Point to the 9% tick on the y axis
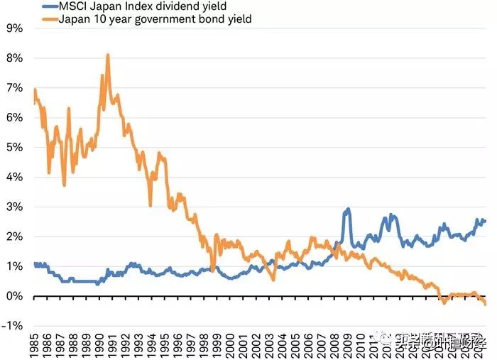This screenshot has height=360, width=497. (x=13, y=29)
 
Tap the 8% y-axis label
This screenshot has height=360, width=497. (x=13, y=59)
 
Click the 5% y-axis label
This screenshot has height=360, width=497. (x=13, y=148)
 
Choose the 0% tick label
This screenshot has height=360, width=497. (x=13, y=296)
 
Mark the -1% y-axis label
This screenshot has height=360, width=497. (x=12, y=326)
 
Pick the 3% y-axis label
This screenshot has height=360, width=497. (x=13, y=207)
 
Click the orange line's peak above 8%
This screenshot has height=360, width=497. (x=107, y=55)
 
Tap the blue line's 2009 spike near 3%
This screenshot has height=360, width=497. (x=348, y=209)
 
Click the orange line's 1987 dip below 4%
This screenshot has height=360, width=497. (x=64, y=185)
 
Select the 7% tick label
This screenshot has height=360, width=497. (x=13, y=89)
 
